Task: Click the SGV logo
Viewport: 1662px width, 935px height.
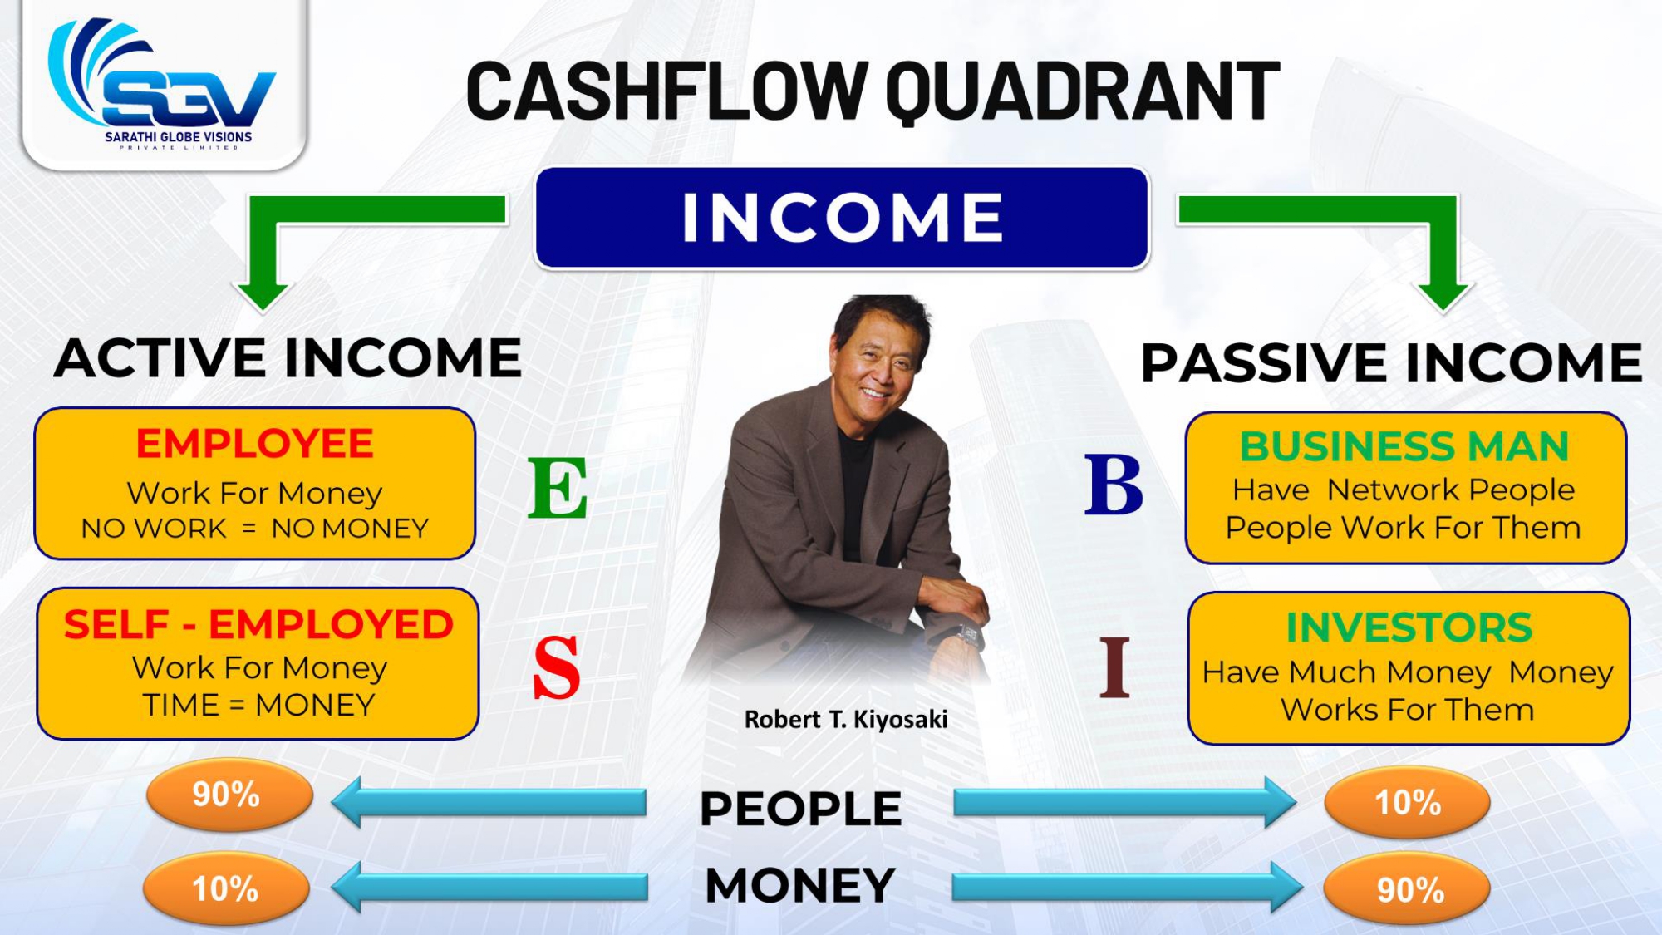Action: click(162, 83)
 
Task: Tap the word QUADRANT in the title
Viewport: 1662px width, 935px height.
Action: click(1083, 92)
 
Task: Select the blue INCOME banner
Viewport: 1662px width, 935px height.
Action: click(843, 218)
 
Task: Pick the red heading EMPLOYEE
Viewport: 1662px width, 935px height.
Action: click(255, 444)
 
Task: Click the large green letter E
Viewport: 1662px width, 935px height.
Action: click(558, 488)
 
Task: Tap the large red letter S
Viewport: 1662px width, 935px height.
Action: click(556, 667)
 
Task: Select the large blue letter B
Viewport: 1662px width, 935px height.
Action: click(1114, 484)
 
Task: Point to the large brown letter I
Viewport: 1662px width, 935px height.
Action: click(1114, 667)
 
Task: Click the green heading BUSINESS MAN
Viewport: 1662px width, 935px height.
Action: click(1404, 446)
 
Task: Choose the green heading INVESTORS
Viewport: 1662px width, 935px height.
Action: click(1409, 627)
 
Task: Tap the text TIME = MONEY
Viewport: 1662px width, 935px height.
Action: click(258, 705)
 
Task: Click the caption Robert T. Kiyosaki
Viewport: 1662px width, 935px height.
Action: click(846, 720)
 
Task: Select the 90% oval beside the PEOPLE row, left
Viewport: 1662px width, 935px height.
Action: click(229, 795)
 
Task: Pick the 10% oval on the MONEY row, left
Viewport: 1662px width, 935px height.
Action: click(226, 889)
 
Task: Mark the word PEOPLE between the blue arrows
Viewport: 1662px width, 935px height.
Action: click(801, 809)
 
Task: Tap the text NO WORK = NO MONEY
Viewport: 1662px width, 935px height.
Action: click(255, 529)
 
